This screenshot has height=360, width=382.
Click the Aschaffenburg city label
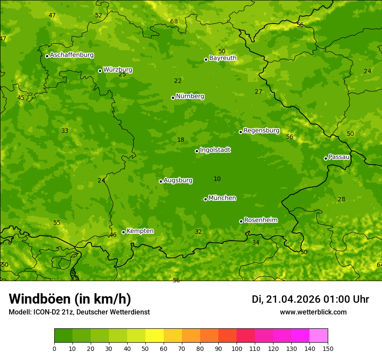pos(72,55)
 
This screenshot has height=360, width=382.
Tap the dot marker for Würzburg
pos(100,71)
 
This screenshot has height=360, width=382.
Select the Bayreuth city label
pos(223,58)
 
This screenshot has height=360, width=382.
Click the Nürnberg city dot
pos(173,98)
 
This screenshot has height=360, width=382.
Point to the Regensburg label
pos(261,131)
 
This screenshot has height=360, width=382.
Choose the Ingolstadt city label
pos(215,150)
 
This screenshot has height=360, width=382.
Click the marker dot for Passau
pos(326,158)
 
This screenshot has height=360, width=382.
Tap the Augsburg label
pos(178,180)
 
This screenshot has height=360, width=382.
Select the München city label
pos(222,198)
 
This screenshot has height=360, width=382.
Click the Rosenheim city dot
pos(241,221)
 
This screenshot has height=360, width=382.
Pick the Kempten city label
pos(140,231)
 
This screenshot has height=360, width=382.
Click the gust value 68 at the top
pos(174,22)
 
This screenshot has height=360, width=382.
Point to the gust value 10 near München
pos(217,179)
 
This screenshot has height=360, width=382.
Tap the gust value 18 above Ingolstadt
pos(181,140)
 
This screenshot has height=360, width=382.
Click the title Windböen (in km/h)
pos(70,299)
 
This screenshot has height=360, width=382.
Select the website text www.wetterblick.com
pos(313,312)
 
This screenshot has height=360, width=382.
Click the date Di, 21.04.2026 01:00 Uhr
pos(310,299)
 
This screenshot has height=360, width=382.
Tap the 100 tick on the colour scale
pos(237,348)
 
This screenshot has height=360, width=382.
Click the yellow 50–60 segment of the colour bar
pos(155,335)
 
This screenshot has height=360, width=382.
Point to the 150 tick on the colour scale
pos(328,348)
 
